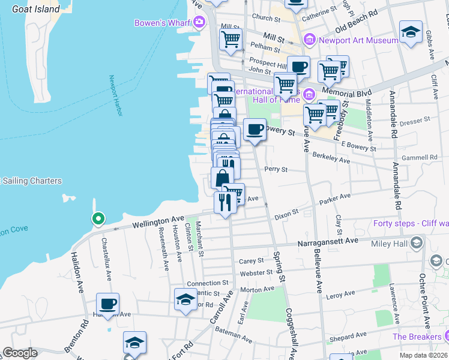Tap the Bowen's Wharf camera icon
click(x=199, y=23)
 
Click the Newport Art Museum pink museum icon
click(x=310, y=40)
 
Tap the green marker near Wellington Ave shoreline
click(x=96, y=219)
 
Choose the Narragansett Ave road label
click(x=328, y=241)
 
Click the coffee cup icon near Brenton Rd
click(x=108, y=304)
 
